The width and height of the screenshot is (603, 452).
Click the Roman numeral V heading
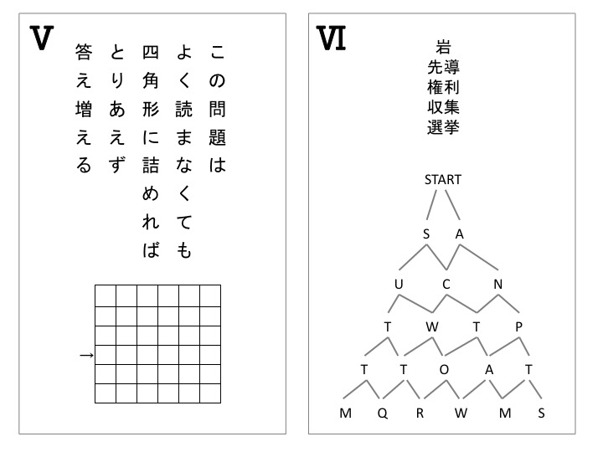(x=42, y=38)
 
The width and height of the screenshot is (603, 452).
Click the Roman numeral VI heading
(x=331, y=38)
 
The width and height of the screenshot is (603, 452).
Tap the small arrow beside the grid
(x=86, y=355)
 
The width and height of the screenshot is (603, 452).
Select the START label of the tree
(x=443, y=179)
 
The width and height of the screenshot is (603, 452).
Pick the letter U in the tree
(x=399, y=284)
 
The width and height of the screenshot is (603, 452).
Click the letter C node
(x=446, y=284)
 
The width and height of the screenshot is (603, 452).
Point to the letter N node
(x=498, y=284)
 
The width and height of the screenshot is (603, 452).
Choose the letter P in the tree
(x=518, y=326)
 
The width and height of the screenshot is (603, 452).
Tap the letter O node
(x=444, y=369)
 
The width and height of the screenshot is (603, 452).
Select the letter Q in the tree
(x=382, y=413)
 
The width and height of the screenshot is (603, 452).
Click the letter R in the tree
(x=420, y=413)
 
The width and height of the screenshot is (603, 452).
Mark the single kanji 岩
(x=443, y=47)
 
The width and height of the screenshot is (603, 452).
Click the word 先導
(x=443, y=67)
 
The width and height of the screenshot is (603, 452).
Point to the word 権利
(x=443, y=87)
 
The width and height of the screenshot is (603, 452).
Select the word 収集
(x=443, y=107)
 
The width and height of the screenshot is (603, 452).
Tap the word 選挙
(x=443, y=127)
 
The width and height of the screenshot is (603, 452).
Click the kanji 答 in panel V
(x=84, y=52)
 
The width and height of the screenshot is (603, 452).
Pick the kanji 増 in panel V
(x=84, y=109)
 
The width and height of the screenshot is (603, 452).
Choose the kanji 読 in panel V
(x=183, y=109)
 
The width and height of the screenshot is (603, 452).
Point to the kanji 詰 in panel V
(x=151, y=166)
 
